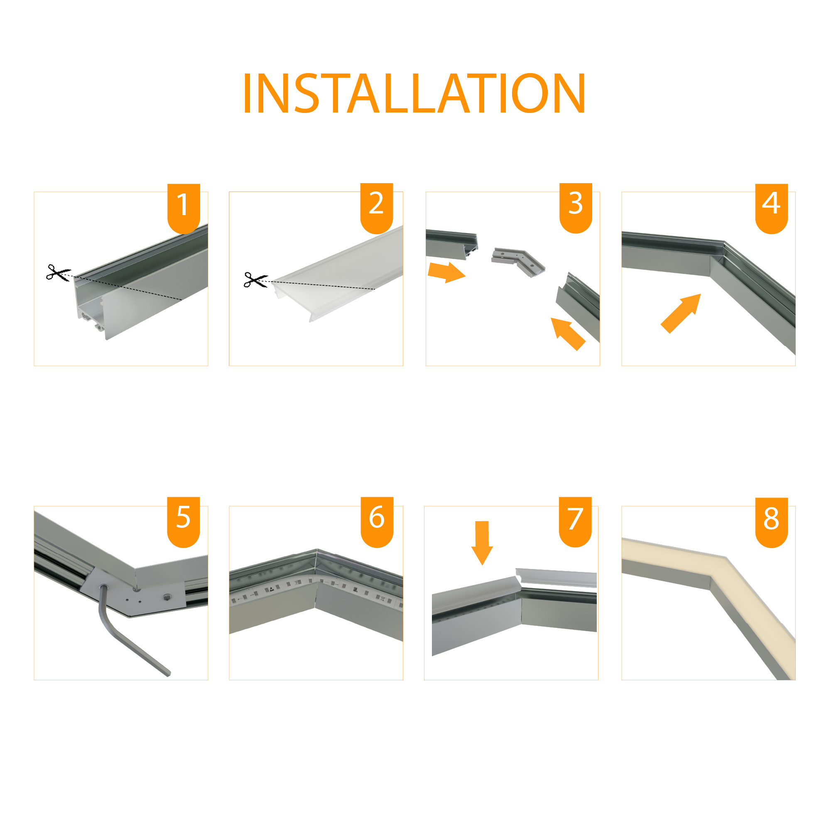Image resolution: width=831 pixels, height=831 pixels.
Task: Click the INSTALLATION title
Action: [414, 93]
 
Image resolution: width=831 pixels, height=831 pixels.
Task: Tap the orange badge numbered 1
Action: [184, 207]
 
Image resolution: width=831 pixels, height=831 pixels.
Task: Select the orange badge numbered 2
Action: [376, 207]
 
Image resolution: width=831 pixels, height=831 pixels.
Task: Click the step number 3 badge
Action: [576, 207]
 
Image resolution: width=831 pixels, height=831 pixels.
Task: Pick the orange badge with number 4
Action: [771, 207]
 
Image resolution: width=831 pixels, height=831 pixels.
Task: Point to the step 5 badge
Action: [183, 521]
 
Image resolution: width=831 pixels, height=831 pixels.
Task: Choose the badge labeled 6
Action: [377, 521]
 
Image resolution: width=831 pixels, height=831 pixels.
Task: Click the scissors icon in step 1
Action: [58, 273]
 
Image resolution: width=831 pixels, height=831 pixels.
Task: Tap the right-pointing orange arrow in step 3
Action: [446, 272]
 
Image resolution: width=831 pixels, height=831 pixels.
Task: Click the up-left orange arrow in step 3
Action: [567, 333]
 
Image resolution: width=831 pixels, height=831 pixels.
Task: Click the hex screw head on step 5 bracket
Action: [167, 597]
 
